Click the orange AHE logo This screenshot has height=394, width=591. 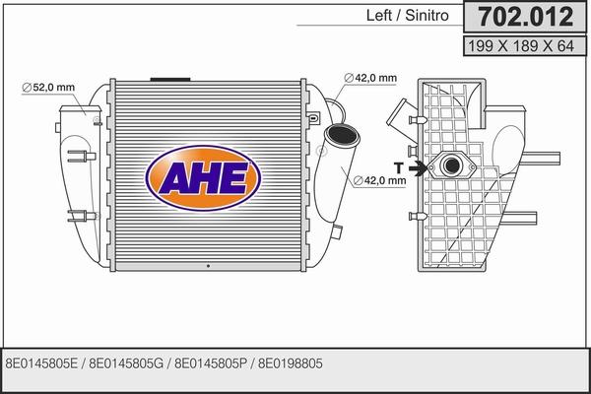(204, 178)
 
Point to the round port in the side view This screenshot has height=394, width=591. (454, 168)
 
